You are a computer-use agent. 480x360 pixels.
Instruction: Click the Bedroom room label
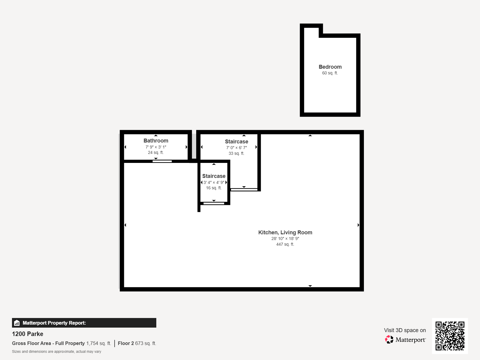(x=330, y=67)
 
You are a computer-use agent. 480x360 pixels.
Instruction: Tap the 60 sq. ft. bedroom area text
(x=330, y=73)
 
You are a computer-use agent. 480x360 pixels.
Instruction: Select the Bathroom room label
(x=156, y=141)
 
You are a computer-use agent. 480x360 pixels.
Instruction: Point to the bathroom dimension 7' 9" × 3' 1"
(x=156, y=147)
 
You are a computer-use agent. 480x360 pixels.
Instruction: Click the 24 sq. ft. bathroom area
(x=156, y=153)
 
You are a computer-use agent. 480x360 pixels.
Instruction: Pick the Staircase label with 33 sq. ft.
(x=236, y=142)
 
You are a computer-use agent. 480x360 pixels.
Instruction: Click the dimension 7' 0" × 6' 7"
(x=236, y=148)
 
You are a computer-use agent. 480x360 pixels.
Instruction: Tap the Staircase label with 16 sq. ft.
(x=214, y=176)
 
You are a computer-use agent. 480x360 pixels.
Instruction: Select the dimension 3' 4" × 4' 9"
(x=214, y=182)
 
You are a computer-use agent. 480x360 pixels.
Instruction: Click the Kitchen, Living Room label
(x=285, y=232)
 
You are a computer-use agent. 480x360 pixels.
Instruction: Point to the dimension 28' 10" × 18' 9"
(x=285, y=239)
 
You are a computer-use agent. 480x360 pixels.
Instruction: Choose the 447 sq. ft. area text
(x=285, y=244)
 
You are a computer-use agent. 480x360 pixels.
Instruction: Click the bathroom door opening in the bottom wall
(x=162, y=161)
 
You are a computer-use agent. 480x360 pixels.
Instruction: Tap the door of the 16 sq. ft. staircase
(x=214, y=203)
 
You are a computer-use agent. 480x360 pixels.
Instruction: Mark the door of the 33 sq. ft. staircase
(x=244, y=190)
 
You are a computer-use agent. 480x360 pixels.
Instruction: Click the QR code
(x=450, y=336)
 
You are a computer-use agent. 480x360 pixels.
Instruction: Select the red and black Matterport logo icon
(x=389, y=340)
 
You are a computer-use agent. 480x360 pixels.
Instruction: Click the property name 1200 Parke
(x=28, y=334)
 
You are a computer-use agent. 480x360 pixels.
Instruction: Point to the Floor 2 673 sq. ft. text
(x=137, y=343)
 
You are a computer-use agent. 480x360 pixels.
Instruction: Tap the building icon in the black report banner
(x=17, y=323)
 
